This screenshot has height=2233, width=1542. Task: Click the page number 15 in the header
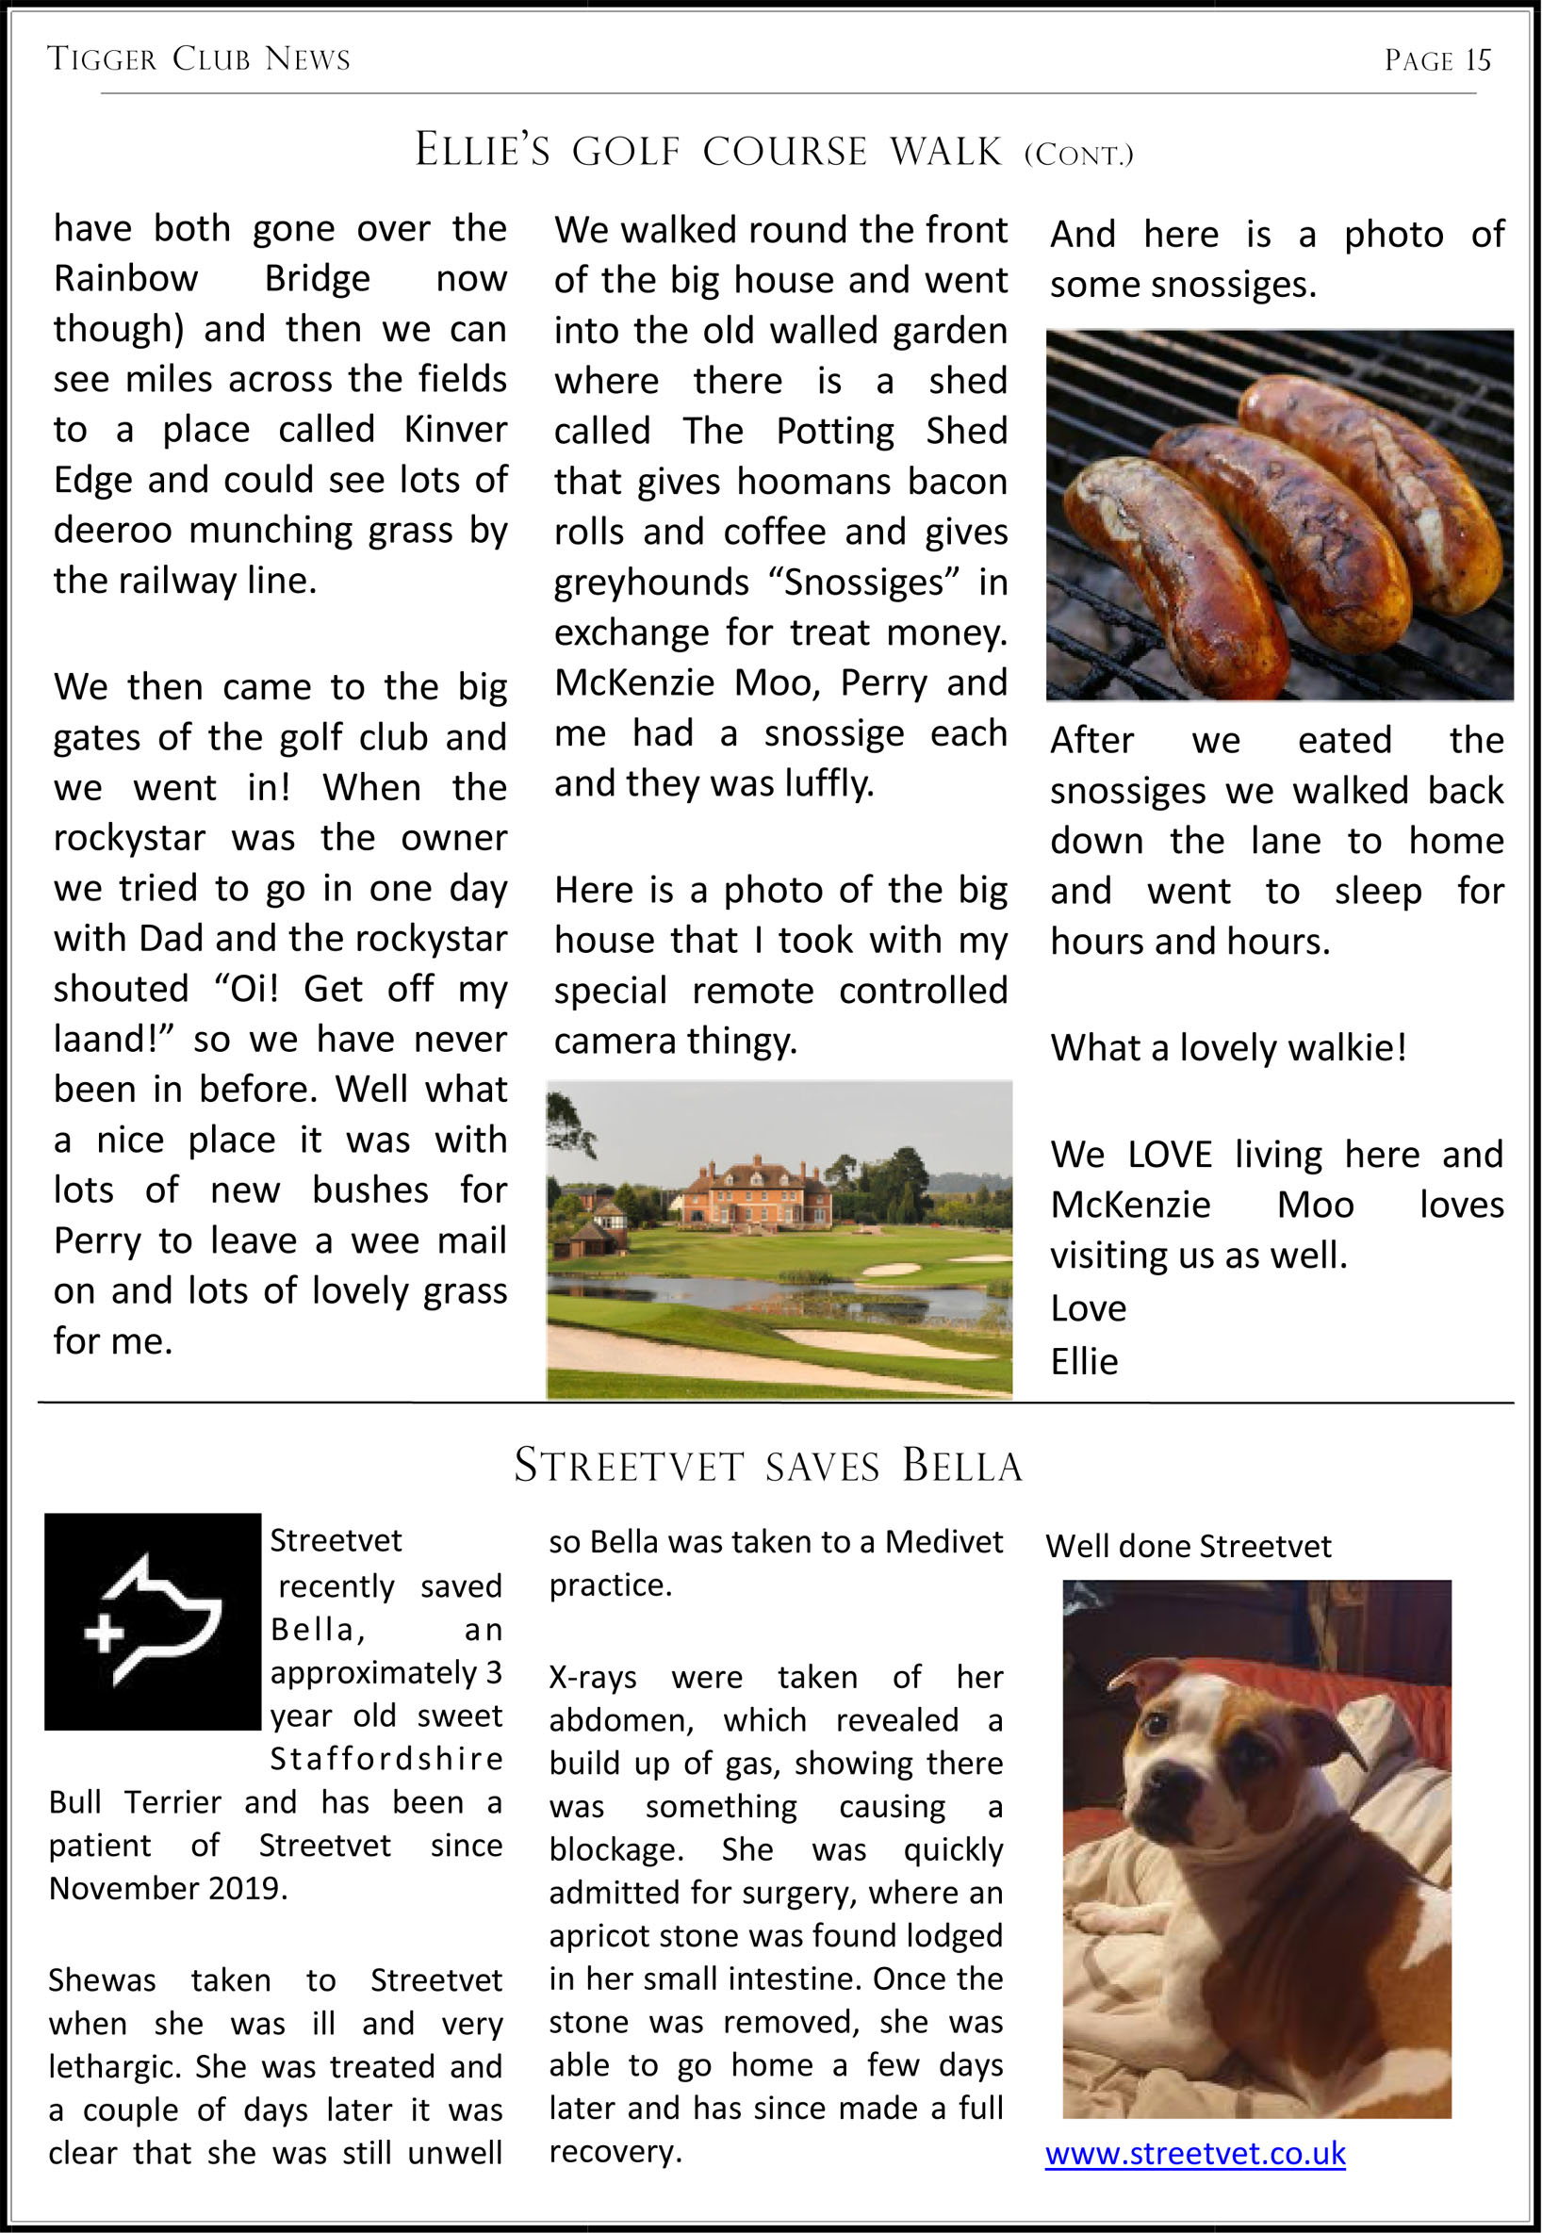tap(1477, 61)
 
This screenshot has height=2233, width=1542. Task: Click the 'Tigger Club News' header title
tap(199, 60)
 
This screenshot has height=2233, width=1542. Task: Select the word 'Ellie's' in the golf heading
tap(483, 151)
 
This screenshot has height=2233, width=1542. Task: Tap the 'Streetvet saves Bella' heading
tap(768, 1466)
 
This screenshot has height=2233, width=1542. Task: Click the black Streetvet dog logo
tap(153, 1622)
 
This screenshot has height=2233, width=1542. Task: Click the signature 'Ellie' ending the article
tap(1084, 1361)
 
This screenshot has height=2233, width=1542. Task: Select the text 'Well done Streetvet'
tap(1189, 1546)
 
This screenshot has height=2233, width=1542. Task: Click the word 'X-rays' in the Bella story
tap(592, 1677)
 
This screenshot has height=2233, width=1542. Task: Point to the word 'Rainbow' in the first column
tap(125, 278)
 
